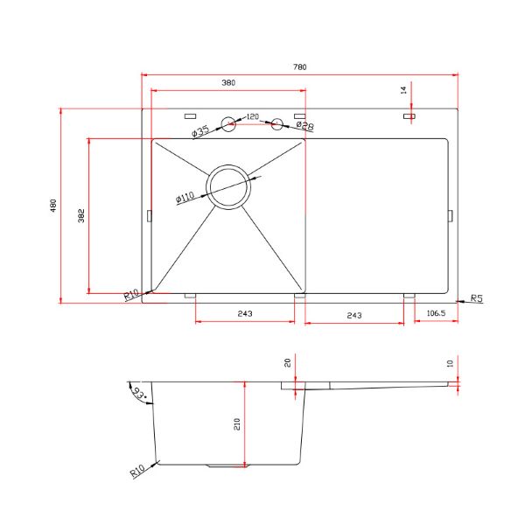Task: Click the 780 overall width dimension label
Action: point(299,67)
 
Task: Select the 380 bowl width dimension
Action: point(228,82)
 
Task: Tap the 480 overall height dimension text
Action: point(53,206)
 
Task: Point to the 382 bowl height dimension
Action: point(81,215)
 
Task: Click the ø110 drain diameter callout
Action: point(185,198)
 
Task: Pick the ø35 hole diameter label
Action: point(200,131)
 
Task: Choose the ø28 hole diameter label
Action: point(305,126)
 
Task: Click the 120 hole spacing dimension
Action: point(253,116)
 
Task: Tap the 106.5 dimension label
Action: point(436,313)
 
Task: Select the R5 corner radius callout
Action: point(477,297)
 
